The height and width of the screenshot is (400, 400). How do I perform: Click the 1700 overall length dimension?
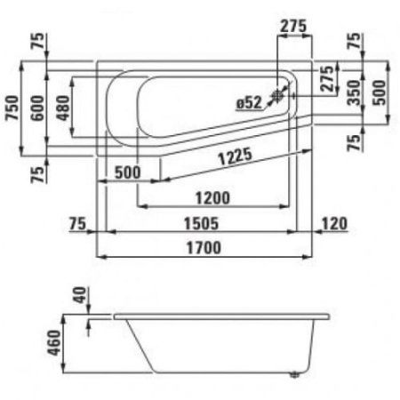pyautogui.click(x=204, y=248)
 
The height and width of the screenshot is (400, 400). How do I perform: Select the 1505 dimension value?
pyautogui.click(x=201, y=224)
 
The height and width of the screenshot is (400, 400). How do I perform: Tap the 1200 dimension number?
pyautogui.click(x=212, y=198)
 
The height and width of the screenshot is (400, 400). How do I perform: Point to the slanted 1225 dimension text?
pyautogui.click(x=236, y=156)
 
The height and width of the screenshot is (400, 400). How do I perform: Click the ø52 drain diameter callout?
pyautogui.click(x=249, y=103)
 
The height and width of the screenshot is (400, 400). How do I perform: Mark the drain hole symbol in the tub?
pyautogui.click(x=277, y=95)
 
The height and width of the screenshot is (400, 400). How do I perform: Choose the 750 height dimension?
pyautogui.click(x=12, y=108)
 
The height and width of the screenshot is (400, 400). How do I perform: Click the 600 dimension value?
pyautogui.click(x=37, y=108)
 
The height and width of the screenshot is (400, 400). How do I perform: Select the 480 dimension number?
pyautogui.click(x=63, y=108)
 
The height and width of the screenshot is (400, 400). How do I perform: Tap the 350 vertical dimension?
pyautogui.click(x=355, y=92)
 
